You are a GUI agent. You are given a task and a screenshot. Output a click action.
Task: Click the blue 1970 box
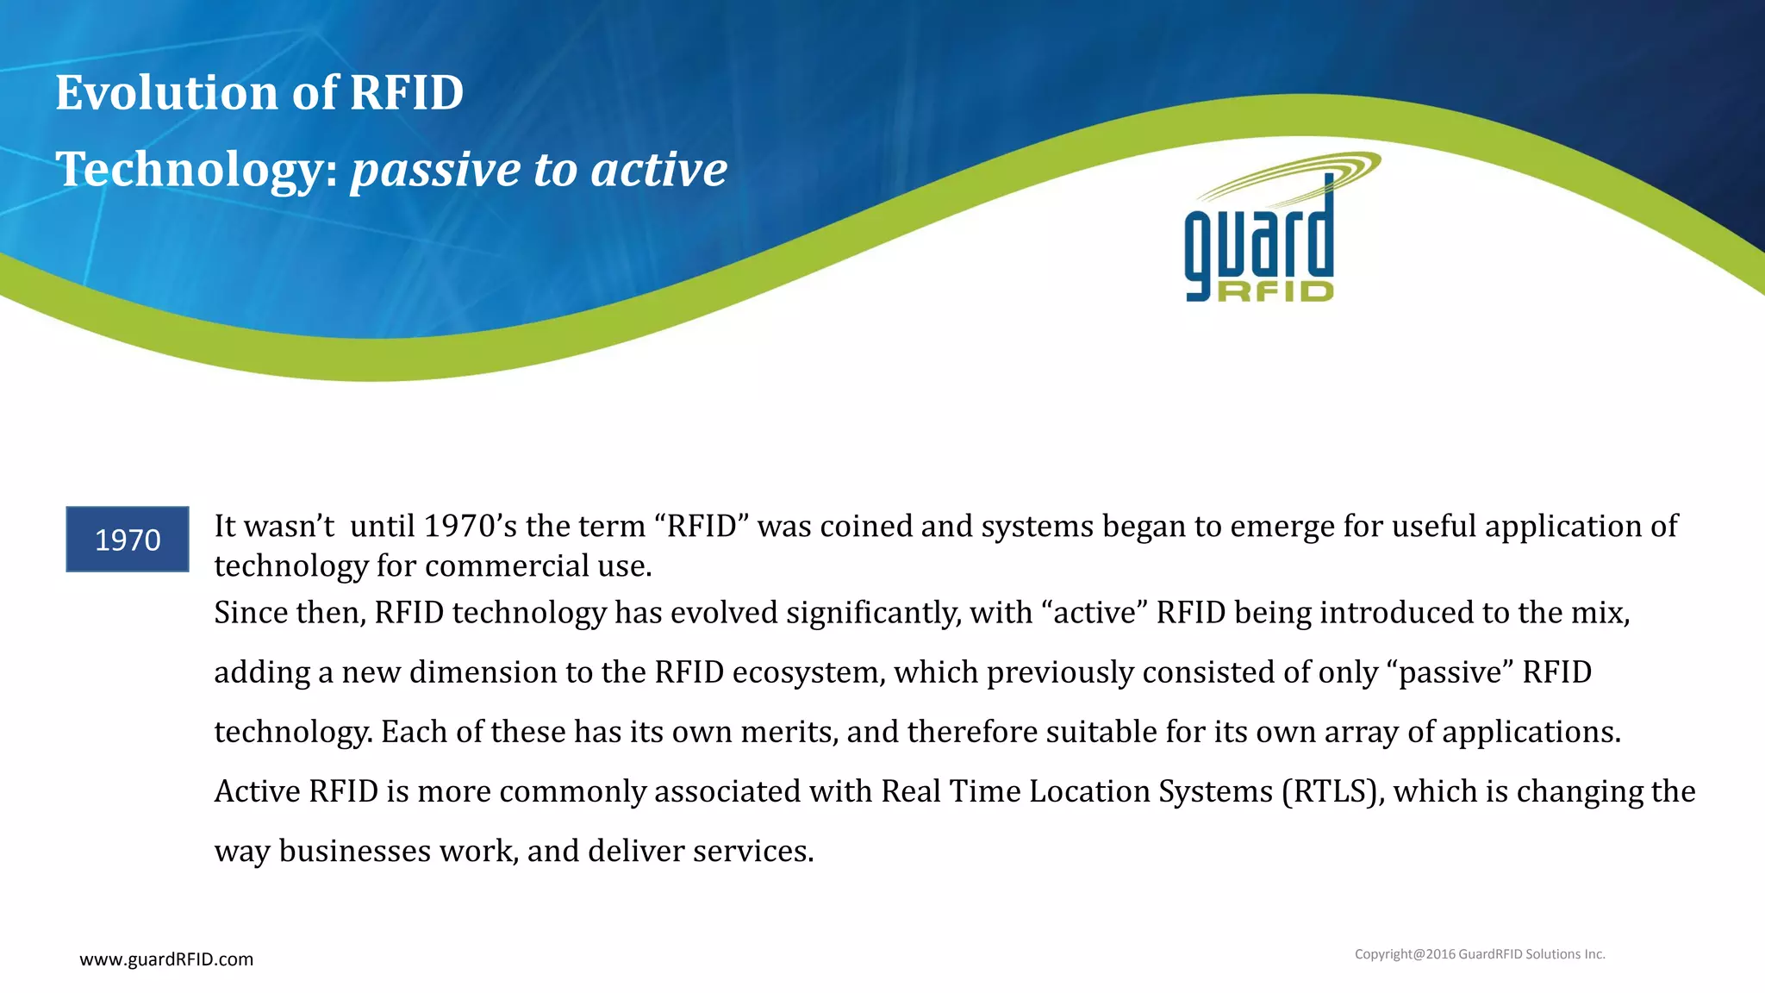coord(128,540)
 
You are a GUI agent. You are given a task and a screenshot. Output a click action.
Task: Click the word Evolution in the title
coord(167,92)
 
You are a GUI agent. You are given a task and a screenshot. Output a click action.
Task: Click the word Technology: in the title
coord(196,169)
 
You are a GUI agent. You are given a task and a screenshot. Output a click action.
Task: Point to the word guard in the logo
coord(1259,242)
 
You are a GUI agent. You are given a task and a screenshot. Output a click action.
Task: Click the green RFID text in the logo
coord(1275,291)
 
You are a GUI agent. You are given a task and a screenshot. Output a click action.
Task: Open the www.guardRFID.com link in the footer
coord(166,959)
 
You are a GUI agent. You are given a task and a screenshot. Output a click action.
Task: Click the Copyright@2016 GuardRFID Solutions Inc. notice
coord(1480,954)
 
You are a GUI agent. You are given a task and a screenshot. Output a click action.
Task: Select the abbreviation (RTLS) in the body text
coord(1333,791)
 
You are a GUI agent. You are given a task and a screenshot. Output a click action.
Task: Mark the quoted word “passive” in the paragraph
coord(1450,672)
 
